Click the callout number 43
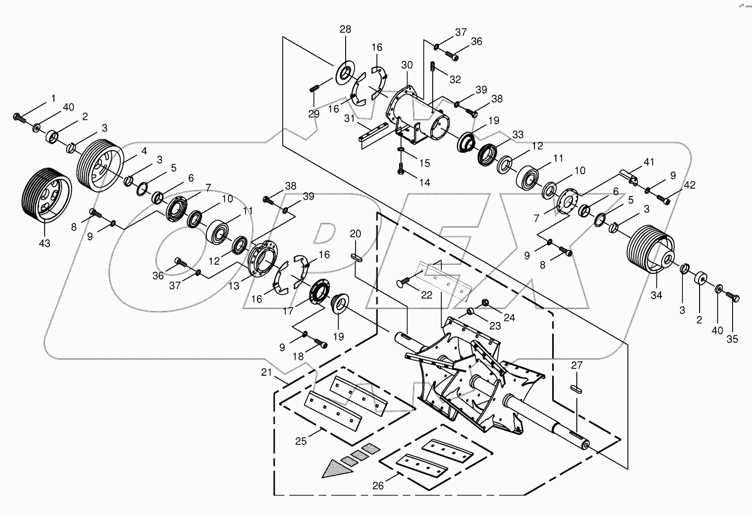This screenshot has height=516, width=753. [43, 243]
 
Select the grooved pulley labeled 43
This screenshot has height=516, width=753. [46, 199]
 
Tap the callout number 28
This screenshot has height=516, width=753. [345, 29]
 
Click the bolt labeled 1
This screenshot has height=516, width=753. [18, 117]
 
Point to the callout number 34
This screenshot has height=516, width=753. [656, 295]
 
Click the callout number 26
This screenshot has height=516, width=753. [378, 485]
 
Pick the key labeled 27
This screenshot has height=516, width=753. [576, 387]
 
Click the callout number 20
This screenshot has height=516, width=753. [356, 234]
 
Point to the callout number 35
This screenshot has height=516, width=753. [732, 339]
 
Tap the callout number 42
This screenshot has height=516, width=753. [689, 185]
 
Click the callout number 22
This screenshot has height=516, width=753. [427, 295]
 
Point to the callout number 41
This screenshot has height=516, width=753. [650, 162]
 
